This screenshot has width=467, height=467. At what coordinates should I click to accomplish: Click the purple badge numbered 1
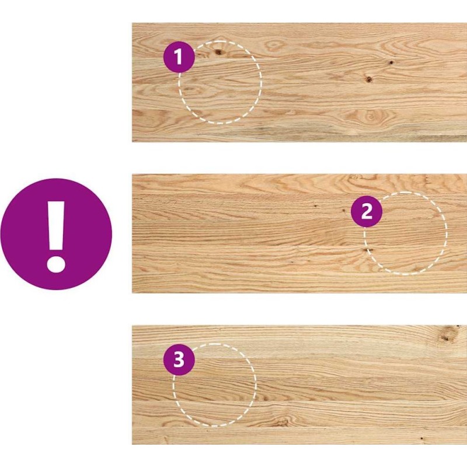click(x=179, y=57)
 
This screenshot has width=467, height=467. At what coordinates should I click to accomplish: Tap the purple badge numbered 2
click(x=367, y=211)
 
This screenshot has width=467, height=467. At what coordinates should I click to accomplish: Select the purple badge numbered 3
click(x=179, y=360)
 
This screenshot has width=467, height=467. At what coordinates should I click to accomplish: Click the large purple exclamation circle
click(x=56, y=234)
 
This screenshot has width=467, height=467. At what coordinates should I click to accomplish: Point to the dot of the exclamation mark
click(x=56, y=263)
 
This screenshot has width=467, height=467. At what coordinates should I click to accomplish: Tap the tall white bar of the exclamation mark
click(x=56, y=225)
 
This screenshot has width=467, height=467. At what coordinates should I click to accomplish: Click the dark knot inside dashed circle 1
click(x=219, y=53)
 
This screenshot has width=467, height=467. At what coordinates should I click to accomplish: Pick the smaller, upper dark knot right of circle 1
click(x=391, y=62)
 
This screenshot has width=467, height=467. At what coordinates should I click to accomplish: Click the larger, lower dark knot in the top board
click(x=369, y=79)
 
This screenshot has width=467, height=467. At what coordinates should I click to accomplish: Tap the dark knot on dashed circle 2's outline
click(x=366, y=250)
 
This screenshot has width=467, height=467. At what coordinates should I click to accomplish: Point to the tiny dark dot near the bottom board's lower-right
click(x=421, y=438)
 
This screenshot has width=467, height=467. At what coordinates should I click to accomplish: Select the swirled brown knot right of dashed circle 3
click(x=281, y=421)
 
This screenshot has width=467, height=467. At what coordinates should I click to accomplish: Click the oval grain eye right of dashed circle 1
click(x=274, y=46)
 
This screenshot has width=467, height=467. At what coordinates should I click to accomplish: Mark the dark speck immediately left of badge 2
click(x=343, y=210)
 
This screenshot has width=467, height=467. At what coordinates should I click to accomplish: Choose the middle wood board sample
click(x=299, y=233)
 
